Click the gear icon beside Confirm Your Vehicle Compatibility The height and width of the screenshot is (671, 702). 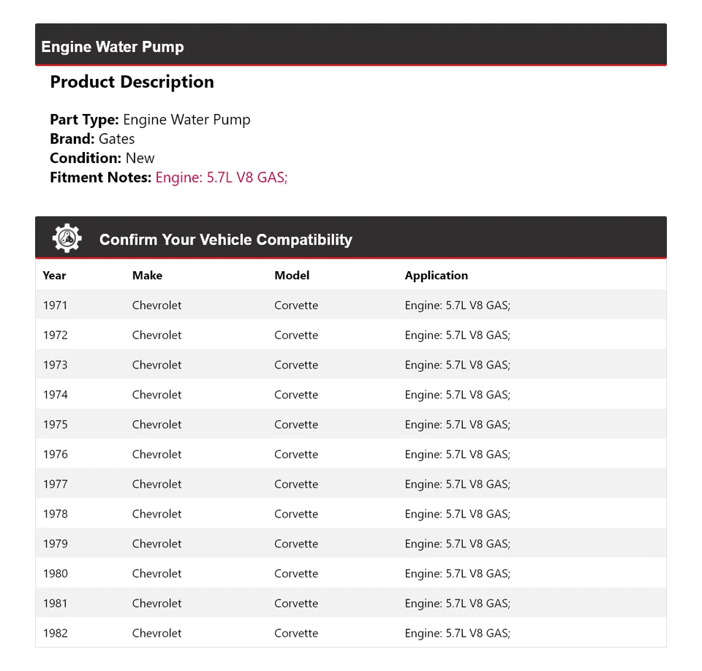pyautogui.click(x=67, y=239)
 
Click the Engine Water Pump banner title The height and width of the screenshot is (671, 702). pyautogui.click(x=113, y=47)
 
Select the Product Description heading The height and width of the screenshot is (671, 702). pyautogui.click(x=132, y=82)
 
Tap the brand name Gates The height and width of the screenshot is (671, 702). pyautogui.click(x=116, y=139)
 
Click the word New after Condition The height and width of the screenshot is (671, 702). pyautogui.click(x=140, y=158)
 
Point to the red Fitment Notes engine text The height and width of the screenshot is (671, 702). pyautogui.click(x=222, y=177)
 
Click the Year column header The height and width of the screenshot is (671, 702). pyautogui.click(x=54, y=276)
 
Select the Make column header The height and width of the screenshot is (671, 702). pyautogui.click(x=147, y=276)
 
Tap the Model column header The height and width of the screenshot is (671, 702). pyautogui.click(x=292, y=276)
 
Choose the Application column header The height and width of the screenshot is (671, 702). pyautogui.click(x=436, y=276)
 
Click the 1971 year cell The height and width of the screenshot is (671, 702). pyautogui.click(x=55, y=306)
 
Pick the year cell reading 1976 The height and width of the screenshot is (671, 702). pyautogui.click(x=55, y=455)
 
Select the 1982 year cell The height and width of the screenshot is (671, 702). pyautogui.click(x=55, y=634)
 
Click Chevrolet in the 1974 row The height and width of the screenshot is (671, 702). pyautogui.click(x=156, y=395)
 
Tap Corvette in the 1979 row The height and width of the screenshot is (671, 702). pyautogui.click(x=296, y=544)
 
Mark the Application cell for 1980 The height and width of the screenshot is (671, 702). pyautogui.click(x=457, y=574)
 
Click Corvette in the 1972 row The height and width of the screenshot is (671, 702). pyautogui.click(x=296, y=335)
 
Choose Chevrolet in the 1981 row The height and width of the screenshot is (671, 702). pyautogui.click(x=156, y=604)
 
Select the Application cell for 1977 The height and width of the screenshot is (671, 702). pyautogui.click(x=457, y=485)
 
